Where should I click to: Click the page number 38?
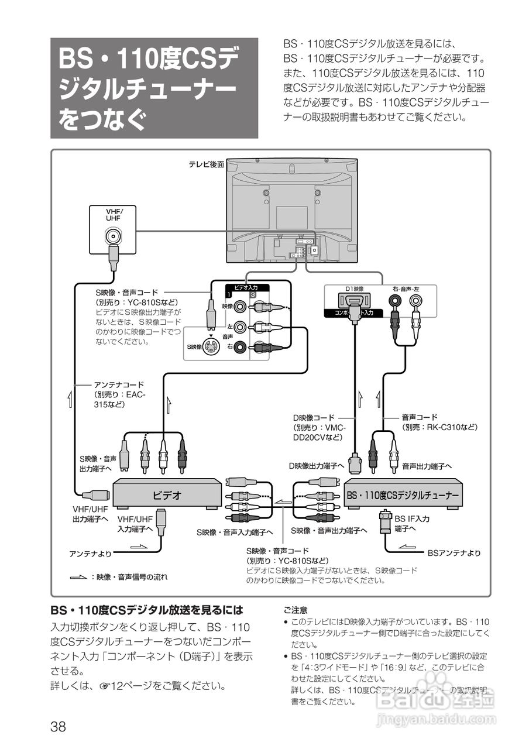58,727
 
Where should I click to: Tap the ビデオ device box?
167,495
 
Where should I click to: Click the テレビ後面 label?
206,165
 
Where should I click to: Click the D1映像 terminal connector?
353,301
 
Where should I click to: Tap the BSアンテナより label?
454,552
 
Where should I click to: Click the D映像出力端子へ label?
316,466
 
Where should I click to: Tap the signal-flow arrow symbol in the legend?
77,578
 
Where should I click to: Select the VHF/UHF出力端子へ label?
90,514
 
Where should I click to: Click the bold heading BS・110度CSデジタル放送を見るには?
146,610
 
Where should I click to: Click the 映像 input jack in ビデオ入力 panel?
239,306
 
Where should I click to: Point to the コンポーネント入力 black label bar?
353,314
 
